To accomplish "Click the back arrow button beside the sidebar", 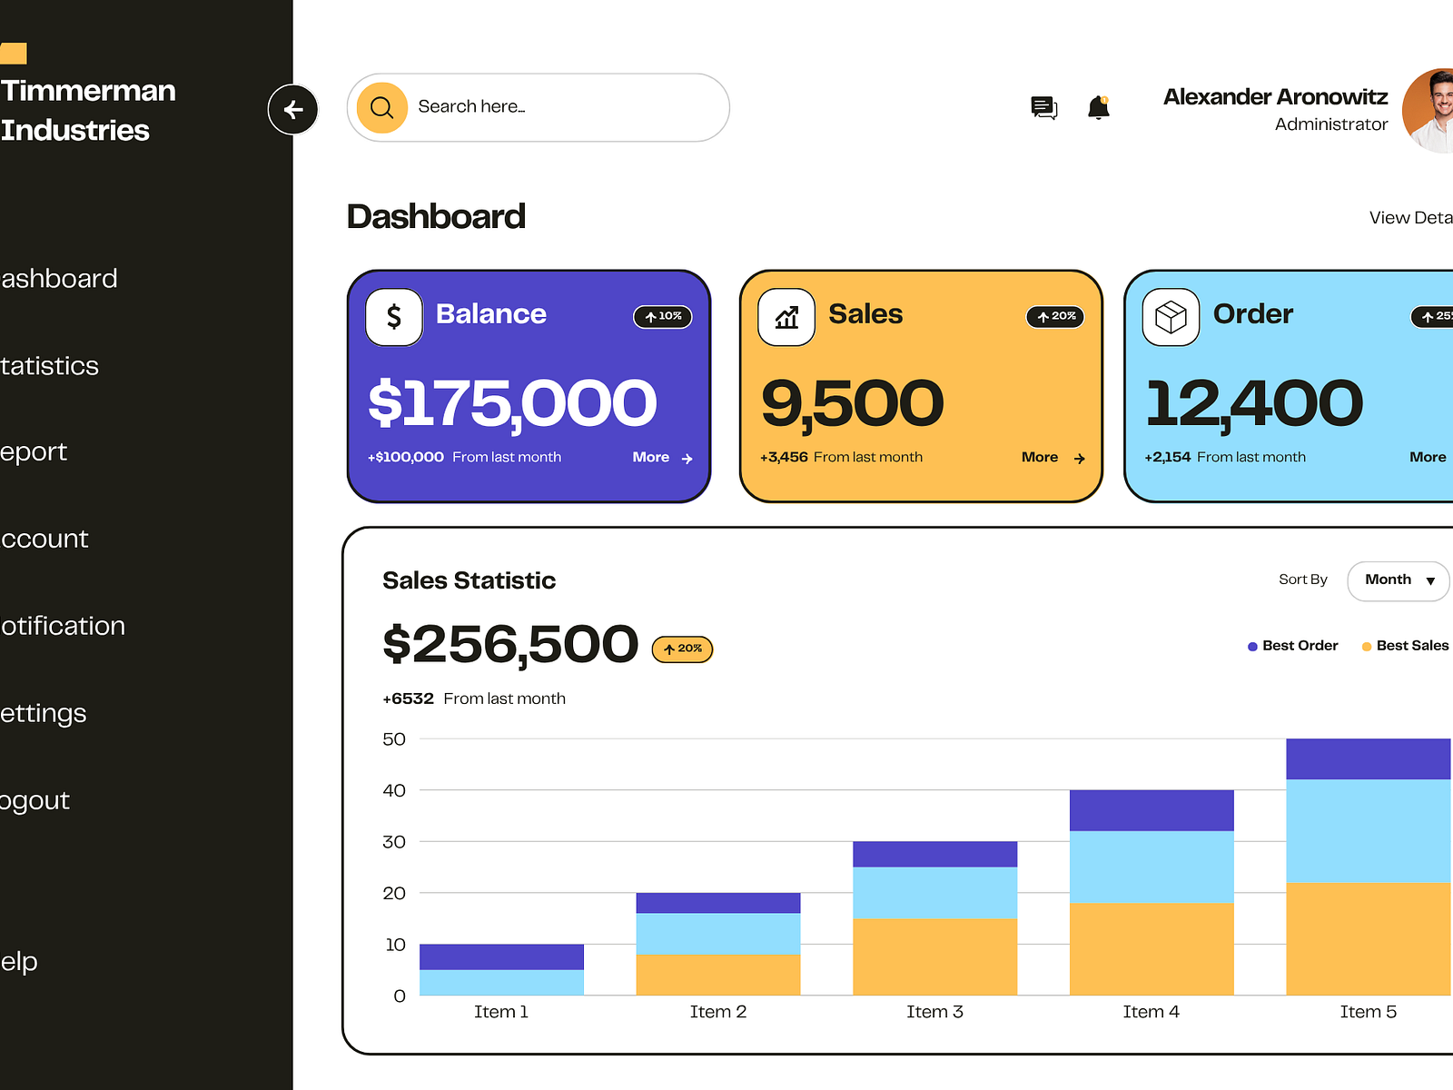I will click(x=292, y=110).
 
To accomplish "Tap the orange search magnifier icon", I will click(x=381, y=107).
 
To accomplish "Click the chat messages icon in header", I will click(x=1044, y=108).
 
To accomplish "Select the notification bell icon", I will click(x=1099, y=108).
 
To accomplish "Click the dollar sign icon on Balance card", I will click(x=394, y=317).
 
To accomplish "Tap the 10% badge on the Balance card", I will click(x=663, y=316).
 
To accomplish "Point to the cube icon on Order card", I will click(x=1171, y=317).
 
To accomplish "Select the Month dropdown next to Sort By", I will click(x=1398, y=580).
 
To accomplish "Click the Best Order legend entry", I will click(x=1293, y=646).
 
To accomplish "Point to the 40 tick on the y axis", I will click(x=394, y=790).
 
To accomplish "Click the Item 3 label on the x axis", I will click(x=934, y=1012).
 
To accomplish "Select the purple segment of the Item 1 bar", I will click(x=501, y=956).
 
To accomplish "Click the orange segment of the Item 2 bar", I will click(x=718, y=975).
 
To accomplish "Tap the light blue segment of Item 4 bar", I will click(x=1152, y=867).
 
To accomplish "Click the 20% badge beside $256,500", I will click(x=683, y=649).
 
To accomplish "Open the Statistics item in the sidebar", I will click(x=50, y=366).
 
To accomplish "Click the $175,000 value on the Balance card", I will click(x=512, y=403).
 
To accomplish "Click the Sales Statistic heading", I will click(x=469, y=580).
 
